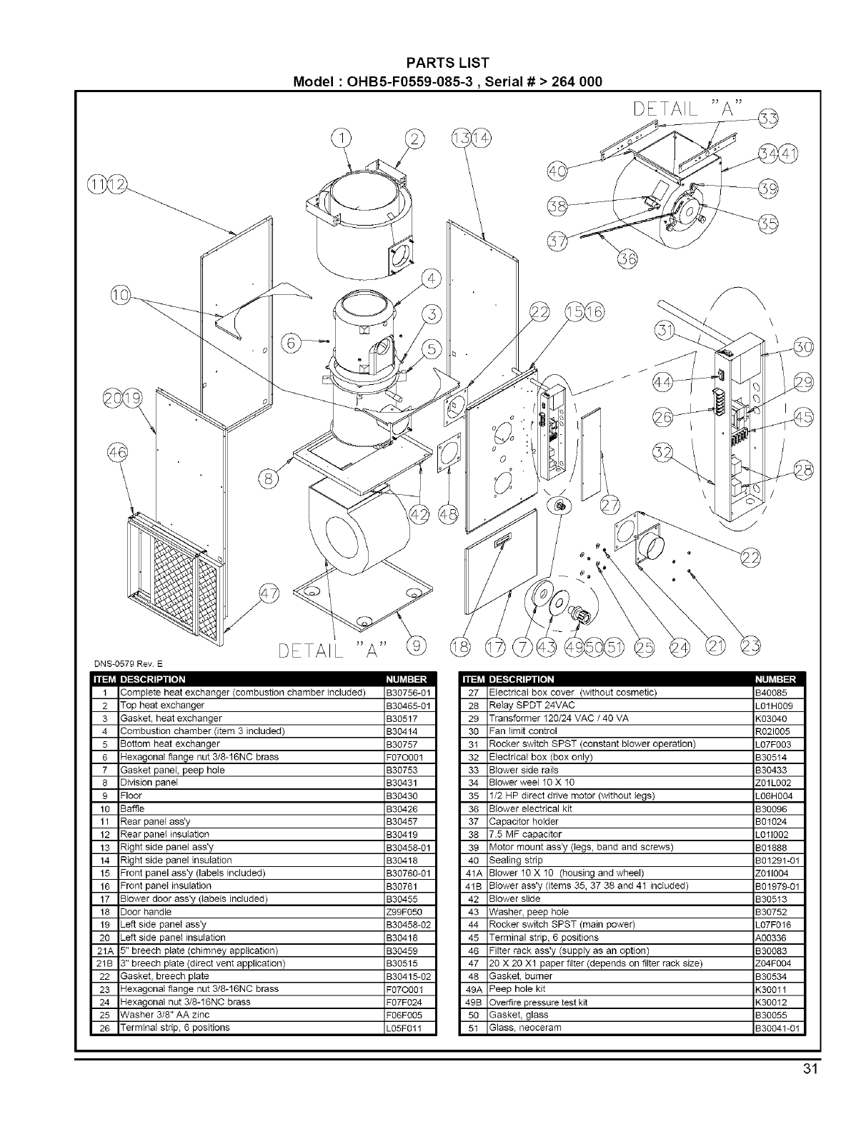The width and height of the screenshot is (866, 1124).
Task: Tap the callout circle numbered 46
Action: tap(116, 453)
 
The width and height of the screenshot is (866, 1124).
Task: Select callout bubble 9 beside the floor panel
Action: tap(414, 647)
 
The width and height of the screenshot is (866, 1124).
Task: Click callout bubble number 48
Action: tap(449, 515)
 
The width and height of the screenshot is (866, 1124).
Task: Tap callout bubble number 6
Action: tap(291, 343)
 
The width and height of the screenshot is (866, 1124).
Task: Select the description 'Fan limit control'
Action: tap(522, 731)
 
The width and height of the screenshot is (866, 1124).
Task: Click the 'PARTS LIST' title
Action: tap(448, 64)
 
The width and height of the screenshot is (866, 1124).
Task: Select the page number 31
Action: tap(809, 1069)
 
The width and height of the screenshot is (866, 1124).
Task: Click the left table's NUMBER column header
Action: tap(406, 679)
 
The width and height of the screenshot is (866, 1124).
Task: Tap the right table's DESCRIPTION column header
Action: tap(522, 679)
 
